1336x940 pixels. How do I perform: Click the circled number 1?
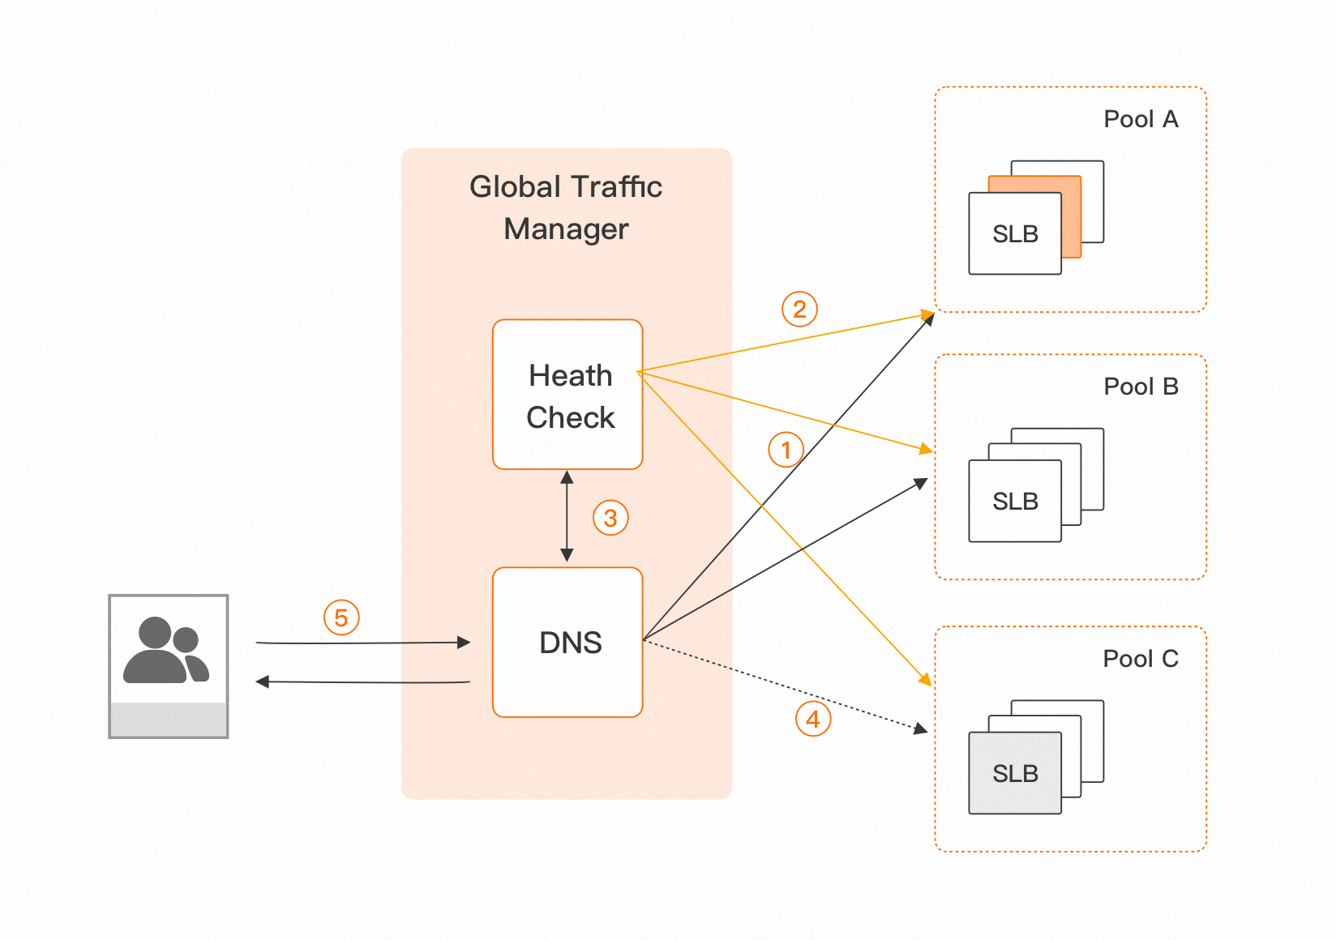click(786, 450)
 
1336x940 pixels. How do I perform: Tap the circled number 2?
click(799, 309)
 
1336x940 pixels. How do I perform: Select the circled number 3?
click(610, 517)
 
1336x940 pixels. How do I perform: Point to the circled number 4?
click(813, 719)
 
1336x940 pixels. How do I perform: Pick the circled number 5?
click(341, 617)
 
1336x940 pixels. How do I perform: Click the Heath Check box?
click(567, 394)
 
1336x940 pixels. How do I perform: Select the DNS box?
click(567, 642)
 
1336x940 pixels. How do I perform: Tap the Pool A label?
click(1141, 119)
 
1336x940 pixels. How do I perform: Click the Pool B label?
click(1141, 387)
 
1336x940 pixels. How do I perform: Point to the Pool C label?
click(1141, 659)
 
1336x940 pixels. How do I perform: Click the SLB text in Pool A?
click(1015, 233)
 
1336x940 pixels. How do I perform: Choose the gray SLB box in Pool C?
click(1015, 772)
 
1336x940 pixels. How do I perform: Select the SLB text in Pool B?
click(1015, 502)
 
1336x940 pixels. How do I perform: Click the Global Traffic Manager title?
click(566, 207)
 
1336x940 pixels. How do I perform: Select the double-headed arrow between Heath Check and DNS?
click(567, 516)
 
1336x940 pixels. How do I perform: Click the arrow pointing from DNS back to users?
click(362, 681)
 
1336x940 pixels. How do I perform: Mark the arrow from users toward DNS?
click(362, 643)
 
